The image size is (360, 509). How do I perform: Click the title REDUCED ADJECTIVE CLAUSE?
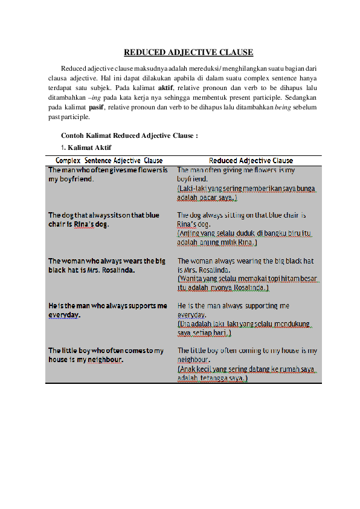click(188, 53)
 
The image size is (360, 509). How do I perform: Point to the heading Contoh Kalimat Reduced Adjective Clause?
click(129, 135)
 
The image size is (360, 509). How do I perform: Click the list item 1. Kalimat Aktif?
click(85, 148)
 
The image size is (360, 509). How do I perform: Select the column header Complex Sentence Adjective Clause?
click(109, 161)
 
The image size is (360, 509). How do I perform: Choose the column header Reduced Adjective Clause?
click(251, 161)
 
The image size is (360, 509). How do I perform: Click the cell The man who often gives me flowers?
click(108, 175)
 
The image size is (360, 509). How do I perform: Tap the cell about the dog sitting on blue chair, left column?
click(104, 219)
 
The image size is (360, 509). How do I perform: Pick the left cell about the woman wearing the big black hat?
click(107, 265)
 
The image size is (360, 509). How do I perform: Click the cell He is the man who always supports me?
click(108, 310)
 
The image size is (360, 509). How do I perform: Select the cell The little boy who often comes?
click(106, 355)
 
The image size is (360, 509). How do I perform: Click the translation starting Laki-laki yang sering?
click(246, 193)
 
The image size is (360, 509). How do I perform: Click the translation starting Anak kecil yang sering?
click(246, 373)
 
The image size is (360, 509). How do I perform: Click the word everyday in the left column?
click(65, 315)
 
